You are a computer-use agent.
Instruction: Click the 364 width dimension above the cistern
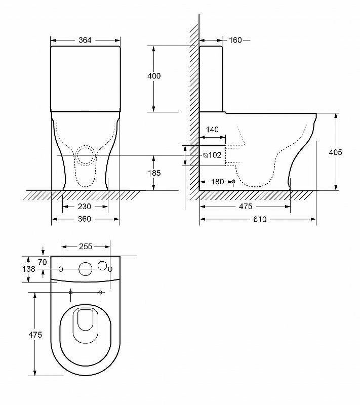point(85,40)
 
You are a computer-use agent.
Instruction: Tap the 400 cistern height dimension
point(154,76)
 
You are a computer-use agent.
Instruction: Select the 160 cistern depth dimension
point(235,40)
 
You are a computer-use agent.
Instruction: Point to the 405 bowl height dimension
point(336,152)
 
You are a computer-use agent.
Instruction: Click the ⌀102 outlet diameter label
point(212,155)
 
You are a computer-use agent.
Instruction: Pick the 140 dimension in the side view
point(212,130)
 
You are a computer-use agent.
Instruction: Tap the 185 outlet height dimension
point(154,173)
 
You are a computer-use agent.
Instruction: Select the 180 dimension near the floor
point(217,182)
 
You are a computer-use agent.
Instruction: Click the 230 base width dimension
point(85,207)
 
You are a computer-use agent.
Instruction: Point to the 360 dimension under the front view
point(85,219)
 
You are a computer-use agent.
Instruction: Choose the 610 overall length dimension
point(260,219)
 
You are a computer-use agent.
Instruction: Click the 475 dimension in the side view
point(245,207)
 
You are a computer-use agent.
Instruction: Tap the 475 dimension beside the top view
point(35,335)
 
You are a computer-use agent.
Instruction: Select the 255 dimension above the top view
point(86,247)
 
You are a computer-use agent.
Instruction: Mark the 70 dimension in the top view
point(42,262)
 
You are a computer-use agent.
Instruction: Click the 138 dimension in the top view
point(30,269)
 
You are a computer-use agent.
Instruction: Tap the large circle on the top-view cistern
point(86,269)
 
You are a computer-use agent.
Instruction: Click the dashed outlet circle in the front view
point(86,155)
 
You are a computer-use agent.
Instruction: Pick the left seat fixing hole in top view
point(70,293)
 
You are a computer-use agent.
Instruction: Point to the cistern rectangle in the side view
point(211,78)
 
